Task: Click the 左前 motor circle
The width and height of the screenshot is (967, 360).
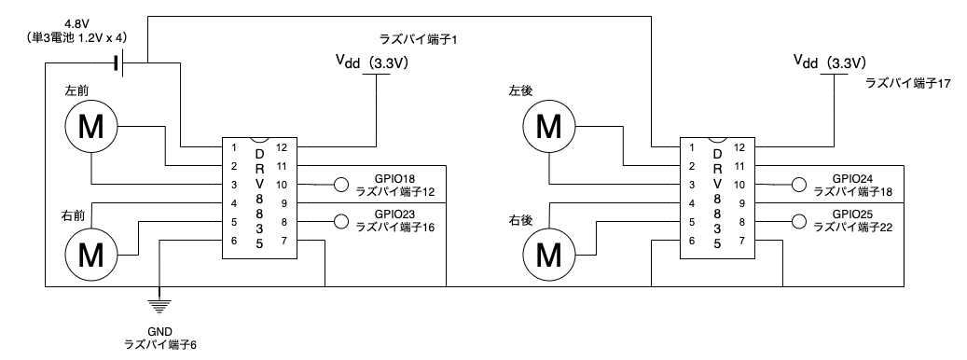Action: pyautogui.click(x=90, y=127)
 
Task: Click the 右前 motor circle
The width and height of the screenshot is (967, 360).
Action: pyautogui.click(x=90, y=251)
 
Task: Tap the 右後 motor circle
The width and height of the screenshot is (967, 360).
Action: pyautogui.click(x=550, y=251)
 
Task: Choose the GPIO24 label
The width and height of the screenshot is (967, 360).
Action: pyautogui.click(x=854, y=178)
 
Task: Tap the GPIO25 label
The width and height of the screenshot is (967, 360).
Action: pyautogui.click(x=854, y=214)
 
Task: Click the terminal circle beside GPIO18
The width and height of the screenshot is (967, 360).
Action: pyautogui.click(x=341, y=185)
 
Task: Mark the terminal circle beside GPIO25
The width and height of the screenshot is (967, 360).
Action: pyautogui.click(x=798, y=222)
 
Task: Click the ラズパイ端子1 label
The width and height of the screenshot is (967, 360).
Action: pyautogui.click(x=422, y=41)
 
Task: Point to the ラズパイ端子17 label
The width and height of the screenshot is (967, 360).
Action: pyautogui.click(x=907, y=83)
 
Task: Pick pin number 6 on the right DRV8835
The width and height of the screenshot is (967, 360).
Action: pyautogui.click(x=691, y=241)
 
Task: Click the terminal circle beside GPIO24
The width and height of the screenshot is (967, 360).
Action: pyautogui.click(x=798, y=185)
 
